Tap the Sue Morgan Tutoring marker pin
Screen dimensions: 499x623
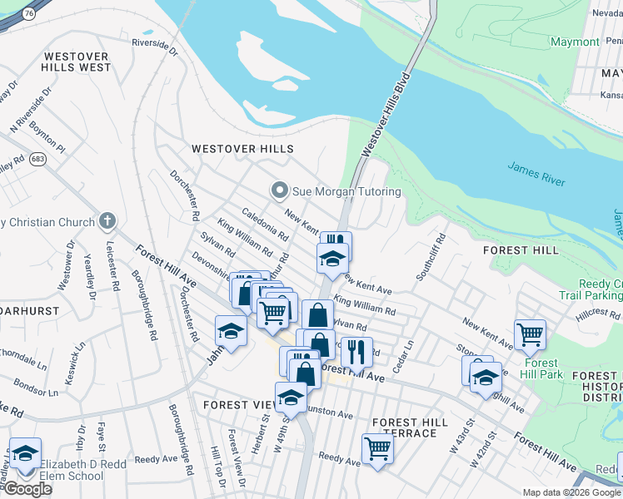(x=280, y=191)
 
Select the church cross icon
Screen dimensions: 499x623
(x=105, y=221)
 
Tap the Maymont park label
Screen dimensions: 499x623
(x=575, y=42)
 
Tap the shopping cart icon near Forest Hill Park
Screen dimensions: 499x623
(x=530, y=334)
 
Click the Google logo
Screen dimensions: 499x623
(x=27, y=490)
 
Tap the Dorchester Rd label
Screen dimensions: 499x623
(x=184, y=195)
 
